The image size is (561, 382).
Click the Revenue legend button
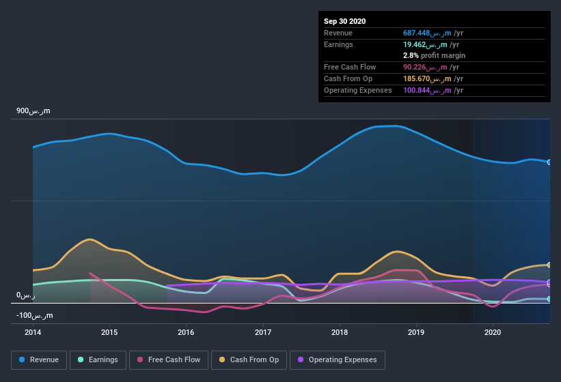39,359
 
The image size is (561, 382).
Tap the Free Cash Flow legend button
169,359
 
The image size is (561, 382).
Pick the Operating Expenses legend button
337,359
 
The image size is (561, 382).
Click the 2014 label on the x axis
33,332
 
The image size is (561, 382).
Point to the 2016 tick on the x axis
186,332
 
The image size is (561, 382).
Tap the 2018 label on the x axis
340,332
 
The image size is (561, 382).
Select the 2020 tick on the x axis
493,332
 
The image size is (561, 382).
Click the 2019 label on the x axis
416,332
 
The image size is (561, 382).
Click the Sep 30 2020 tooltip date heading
345,21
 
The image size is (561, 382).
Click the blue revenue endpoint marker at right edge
549,162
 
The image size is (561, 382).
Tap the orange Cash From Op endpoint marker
549,265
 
